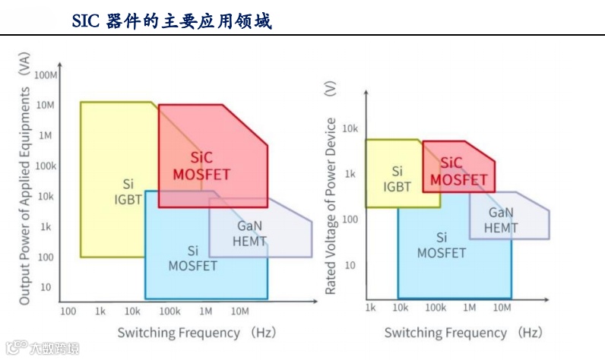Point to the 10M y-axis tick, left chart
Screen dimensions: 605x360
(46, 105)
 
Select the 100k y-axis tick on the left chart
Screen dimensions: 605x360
(45, 166)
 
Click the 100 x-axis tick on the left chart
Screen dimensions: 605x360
(68, 311)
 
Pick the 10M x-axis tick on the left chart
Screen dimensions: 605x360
(239, 311)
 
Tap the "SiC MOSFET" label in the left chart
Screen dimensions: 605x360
(201, 166)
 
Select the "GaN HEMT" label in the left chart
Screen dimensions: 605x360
(250, 234)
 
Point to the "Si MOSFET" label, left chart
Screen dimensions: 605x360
(193, 258)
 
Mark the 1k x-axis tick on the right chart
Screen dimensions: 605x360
(370, 308)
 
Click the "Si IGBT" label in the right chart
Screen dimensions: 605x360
(397, 178)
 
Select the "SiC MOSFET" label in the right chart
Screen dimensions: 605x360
(458, 171)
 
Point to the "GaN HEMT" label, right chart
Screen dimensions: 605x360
(501, 220)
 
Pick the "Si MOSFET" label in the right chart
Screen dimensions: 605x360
(442, 245)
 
